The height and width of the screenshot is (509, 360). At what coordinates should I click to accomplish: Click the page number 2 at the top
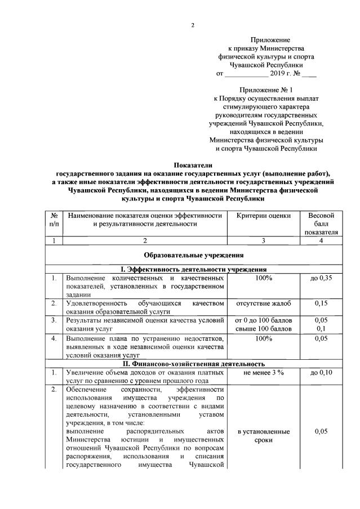point(192,25)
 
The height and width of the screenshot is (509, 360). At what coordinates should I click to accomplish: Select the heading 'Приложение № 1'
point(266,90)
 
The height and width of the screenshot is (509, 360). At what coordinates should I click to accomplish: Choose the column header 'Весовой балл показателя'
point(321,224)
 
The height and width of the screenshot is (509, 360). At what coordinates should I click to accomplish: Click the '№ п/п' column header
point(54,220)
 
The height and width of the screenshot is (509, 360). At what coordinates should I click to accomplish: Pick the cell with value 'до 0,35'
point(321,278)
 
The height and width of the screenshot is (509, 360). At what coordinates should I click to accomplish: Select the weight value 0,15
point(321,304)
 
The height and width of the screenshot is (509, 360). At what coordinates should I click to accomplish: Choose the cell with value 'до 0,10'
point(321,373)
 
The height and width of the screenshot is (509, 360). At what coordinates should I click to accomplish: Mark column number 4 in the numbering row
point(321,240)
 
